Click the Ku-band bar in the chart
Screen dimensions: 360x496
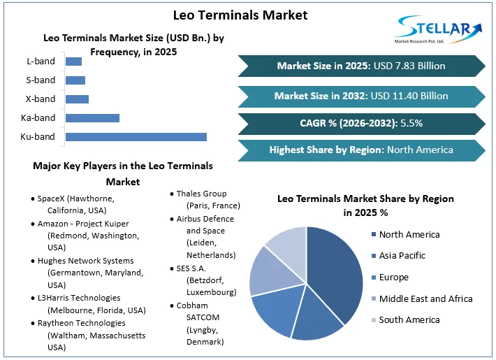(136, 136)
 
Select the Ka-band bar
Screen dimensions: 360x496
(92, 117)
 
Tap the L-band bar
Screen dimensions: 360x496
(73, 62)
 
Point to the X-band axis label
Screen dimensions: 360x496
(40, 99)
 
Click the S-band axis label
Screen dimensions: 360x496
(40, 80)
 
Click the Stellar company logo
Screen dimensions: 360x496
(437, 29)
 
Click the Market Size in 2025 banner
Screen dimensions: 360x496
(361, 66)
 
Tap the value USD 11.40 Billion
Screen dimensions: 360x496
(409, 95)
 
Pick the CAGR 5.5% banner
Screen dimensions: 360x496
(361, 123)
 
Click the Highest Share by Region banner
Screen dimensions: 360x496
(361, 150)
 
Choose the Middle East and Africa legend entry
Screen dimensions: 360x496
(425, 298)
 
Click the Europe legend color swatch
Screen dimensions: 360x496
(373, 278)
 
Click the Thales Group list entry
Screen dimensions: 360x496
(207, 199)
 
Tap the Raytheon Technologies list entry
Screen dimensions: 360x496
(87, 335)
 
